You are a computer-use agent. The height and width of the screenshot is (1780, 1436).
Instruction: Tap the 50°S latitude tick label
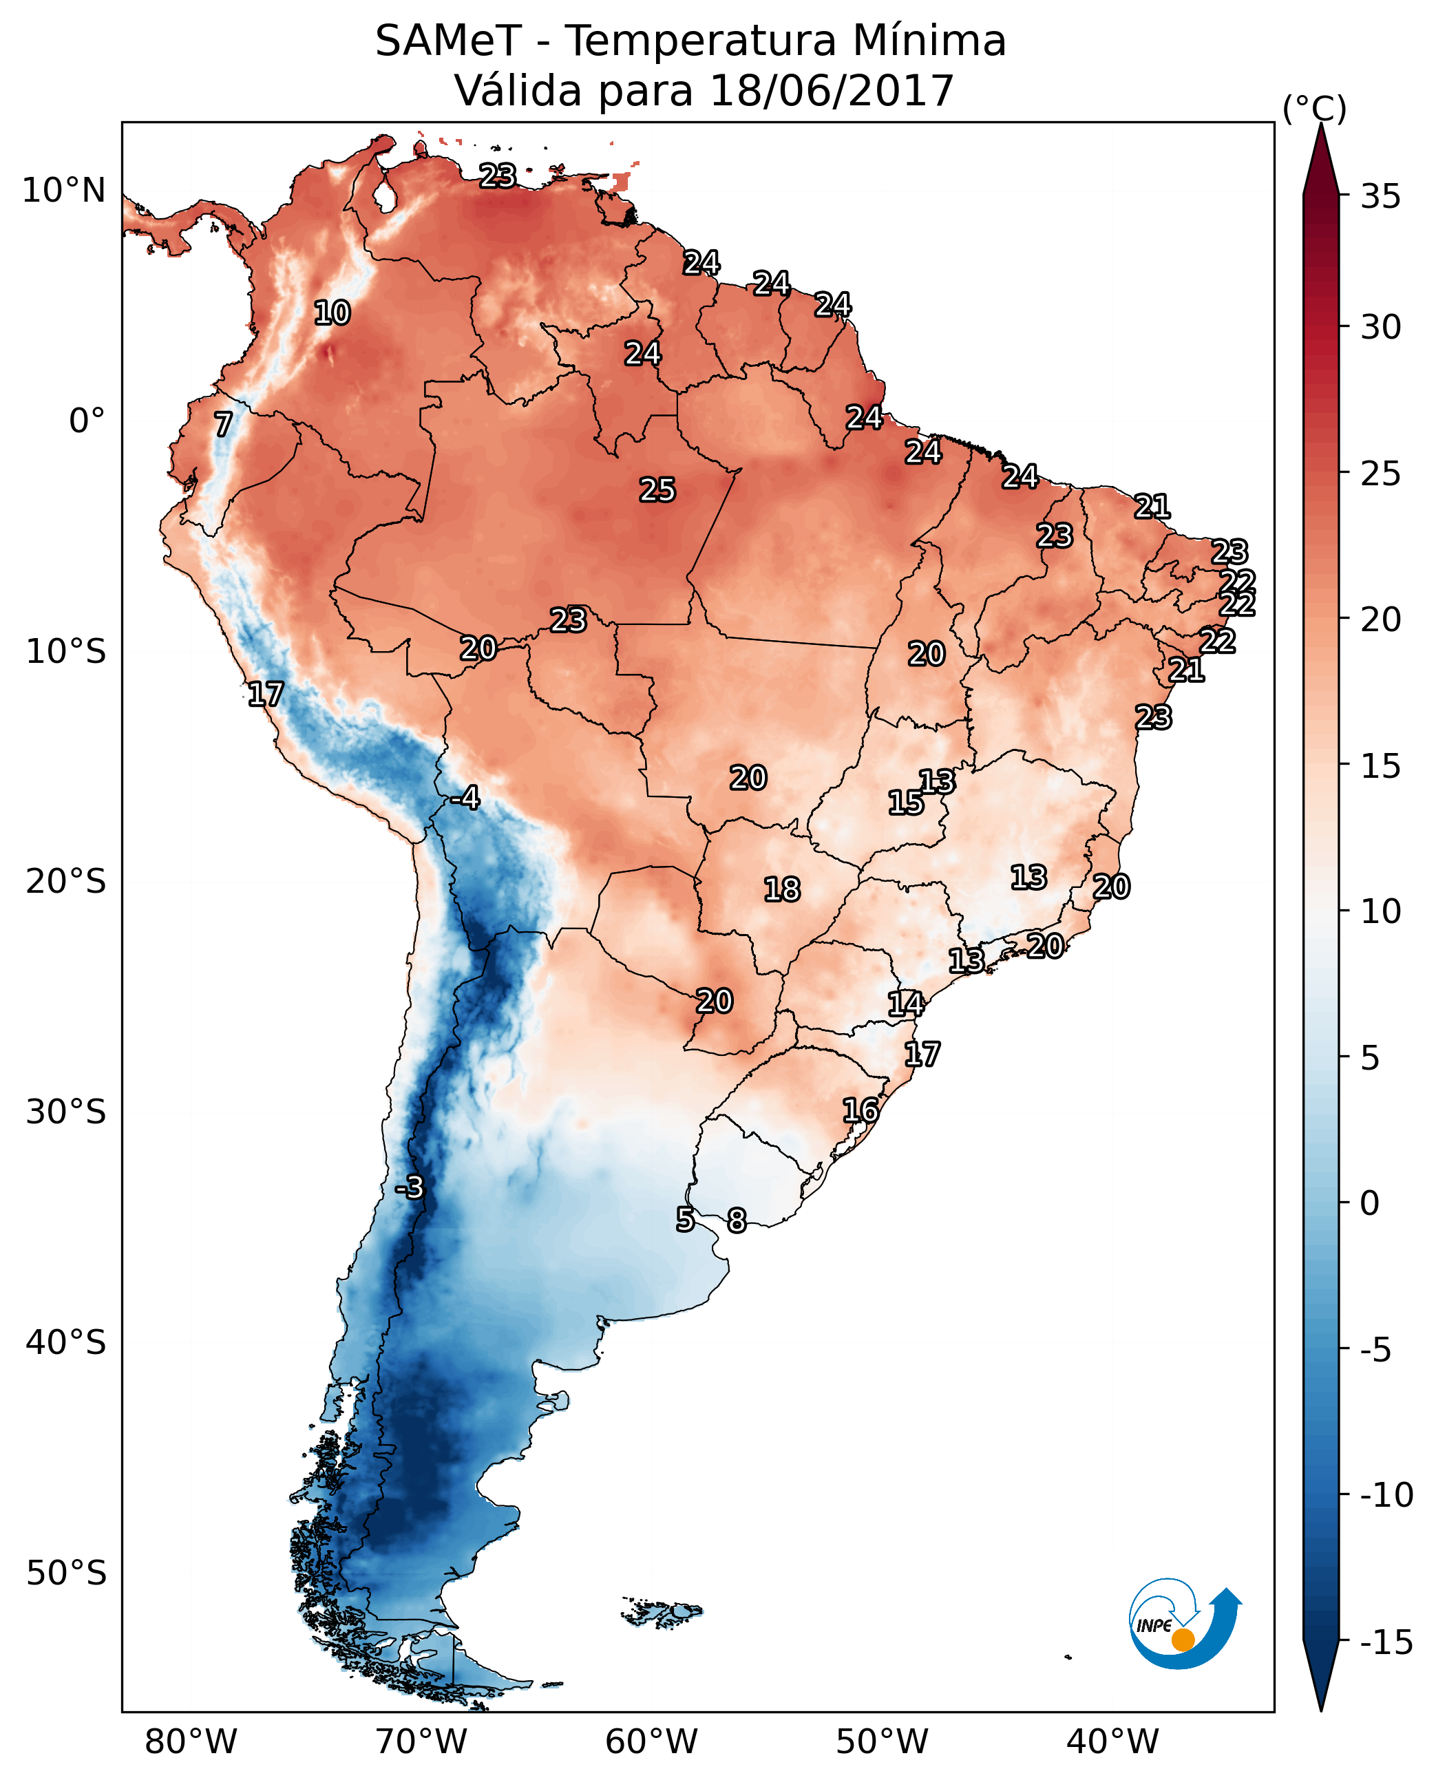tap(66, 1572)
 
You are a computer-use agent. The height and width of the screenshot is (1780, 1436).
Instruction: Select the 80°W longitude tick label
tap(191, 1742)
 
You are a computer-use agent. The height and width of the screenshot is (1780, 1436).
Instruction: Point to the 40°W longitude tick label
tap(1112, 1742)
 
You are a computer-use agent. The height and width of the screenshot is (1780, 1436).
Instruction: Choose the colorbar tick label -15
tap(1386, 1642)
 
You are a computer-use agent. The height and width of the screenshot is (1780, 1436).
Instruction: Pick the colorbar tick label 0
tap(1370, 1203)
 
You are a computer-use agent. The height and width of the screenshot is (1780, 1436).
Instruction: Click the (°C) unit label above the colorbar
tap(1314, 108)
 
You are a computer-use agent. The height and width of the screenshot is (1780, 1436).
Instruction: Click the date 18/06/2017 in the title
tap(832, 90)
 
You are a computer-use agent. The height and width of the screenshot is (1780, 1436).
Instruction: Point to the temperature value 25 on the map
tap(657, 489)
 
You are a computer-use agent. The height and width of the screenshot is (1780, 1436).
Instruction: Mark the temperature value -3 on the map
tap(409, 1187)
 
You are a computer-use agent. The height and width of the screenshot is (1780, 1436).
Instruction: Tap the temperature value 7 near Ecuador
tap(223, 424)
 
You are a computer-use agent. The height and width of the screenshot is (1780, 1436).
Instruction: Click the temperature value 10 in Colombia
tap(332, 312)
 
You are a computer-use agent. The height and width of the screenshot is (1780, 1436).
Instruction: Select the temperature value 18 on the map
tap(782, 889)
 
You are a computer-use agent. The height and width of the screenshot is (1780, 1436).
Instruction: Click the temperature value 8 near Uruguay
tap(736, 1220)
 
